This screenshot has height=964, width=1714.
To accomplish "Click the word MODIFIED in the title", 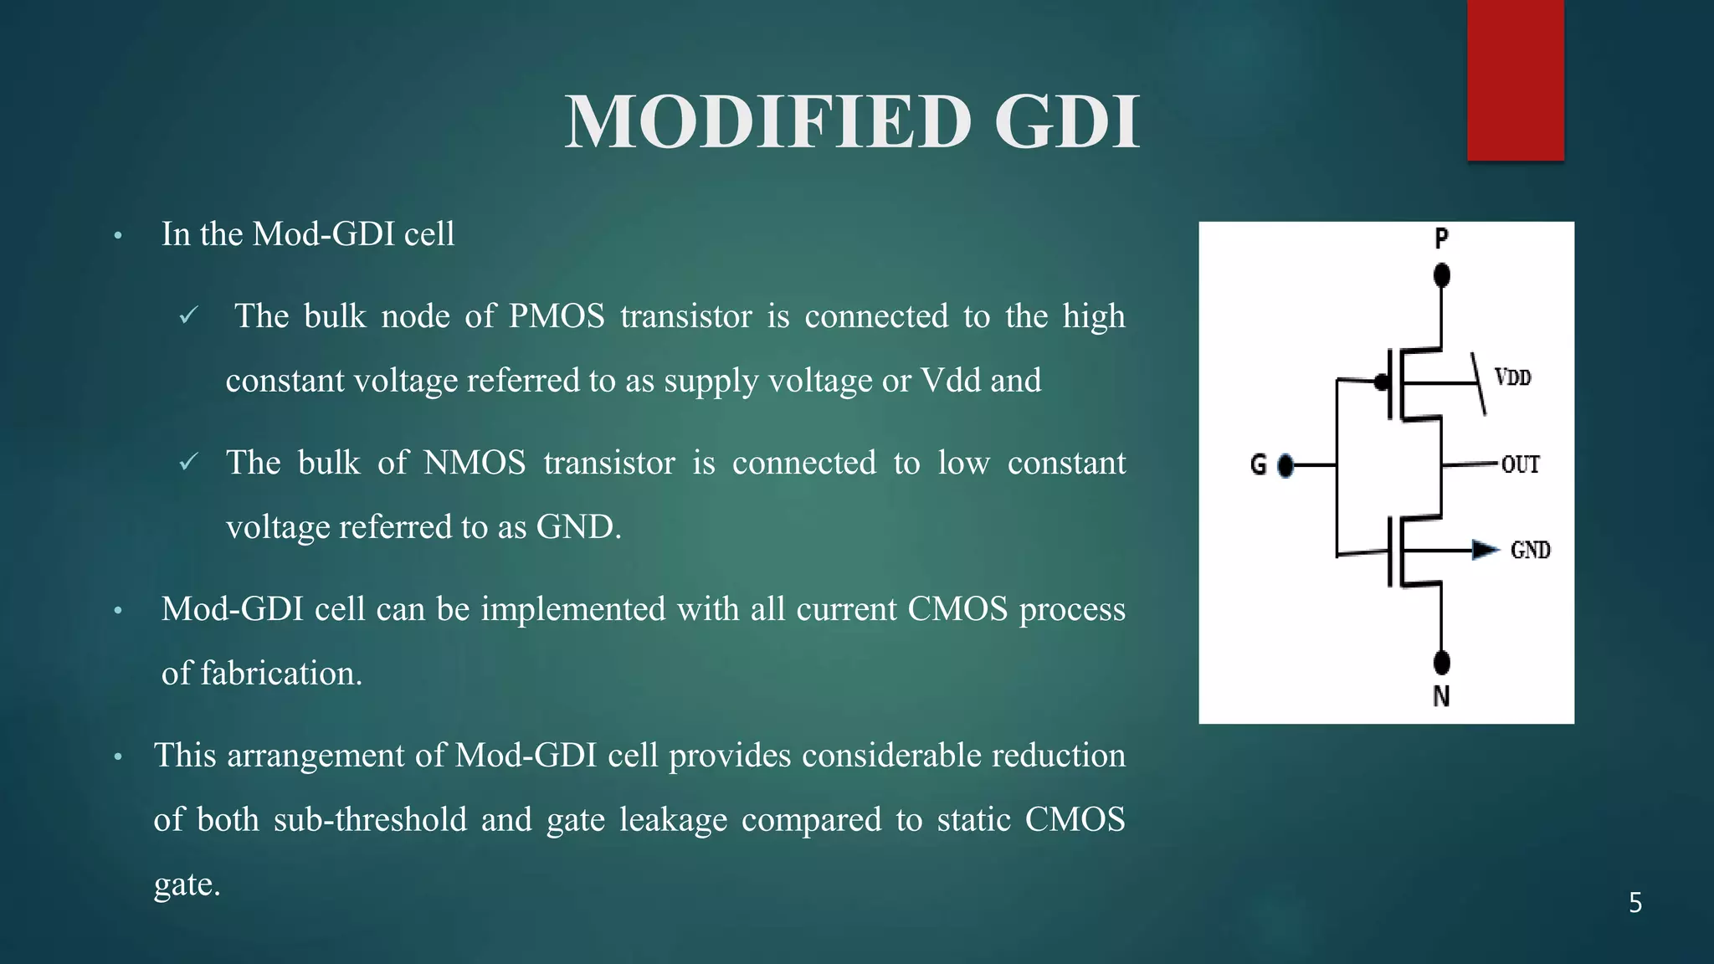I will pos(767,122).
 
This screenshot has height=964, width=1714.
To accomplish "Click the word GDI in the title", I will pos(1067,122).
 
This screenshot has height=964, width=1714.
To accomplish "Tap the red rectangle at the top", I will pos(1515,79).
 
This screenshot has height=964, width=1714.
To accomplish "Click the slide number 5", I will pos(1634,903).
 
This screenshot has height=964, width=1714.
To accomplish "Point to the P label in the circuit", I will pos(1441,238).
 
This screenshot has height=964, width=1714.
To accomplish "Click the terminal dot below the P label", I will pos(1441,275).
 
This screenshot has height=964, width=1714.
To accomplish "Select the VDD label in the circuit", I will pos(1513,377).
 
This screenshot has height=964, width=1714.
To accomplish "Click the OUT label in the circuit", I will pos(1520,464).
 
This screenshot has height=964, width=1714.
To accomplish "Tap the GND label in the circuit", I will pos(1530,550).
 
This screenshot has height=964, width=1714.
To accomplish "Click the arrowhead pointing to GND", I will pos(1486,550).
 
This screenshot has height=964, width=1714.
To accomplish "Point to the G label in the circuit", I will pos(1258,464).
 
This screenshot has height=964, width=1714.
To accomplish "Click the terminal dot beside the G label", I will pos(1286,465).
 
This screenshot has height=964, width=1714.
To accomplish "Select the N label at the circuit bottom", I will pos(1441,696).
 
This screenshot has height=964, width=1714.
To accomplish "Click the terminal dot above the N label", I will pos(1441,663).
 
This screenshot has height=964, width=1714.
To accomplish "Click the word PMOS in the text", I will pos(557,316).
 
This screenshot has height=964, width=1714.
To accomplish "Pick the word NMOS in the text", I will pos(475,463).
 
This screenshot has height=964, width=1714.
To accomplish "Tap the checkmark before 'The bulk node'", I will pos(189,315).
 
